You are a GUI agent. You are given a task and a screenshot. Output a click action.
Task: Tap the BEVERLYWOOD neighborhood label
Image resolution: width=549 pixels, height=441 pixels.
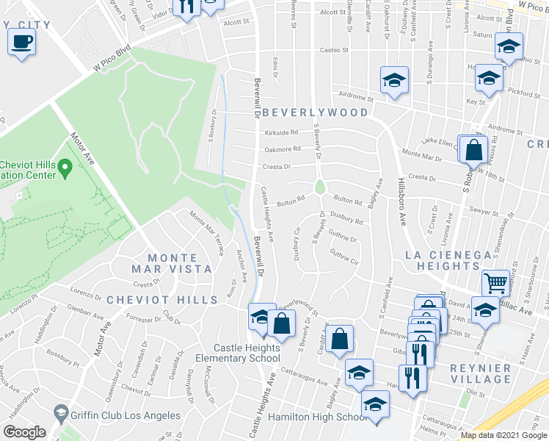(x=315, y=112)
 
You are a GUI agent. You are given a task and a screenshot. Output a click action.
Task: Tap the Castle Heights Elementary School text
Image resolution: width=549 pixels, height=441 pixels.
(x=247, y=353)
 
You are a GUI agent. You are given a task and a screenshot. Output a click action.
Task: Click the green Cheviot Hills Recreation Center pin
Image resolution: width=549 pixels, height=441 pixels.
(x=65, y=170)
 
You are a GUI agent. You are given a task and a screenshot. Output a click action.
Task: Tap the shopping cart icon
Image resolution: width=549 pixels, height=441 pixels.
(x=495, y=282)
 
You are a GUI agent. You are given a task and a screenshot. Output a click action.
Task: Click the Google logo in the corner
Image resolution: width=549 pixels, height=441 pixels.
(x=24, y=432)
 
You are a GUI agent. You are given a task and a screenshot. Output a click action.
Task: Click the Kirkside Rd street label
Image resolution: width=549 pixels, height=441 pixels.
(x=282, y=133)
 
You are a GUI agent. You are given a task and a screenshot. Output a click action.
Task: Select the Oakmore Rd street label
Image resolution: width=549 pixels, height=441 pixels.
(x=283, y=149)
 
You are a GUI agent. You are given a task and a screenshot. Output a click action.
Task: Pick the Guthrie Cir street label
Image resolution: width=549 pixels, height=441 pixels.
(x=343, y=257)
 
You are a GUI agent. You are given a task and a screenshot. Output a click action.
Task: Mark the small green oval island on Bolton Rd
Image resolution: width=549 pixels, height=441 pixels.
(x=319, y=187)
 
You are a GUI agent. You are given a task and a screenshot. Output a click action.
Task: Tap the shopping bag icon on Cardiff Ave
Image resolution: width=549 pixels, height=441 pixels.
(x=339, y=340)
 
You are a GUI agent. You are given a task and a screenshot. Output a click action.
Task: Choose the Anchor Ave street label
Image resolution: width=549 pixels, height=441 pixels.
(x=240, y=261)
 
